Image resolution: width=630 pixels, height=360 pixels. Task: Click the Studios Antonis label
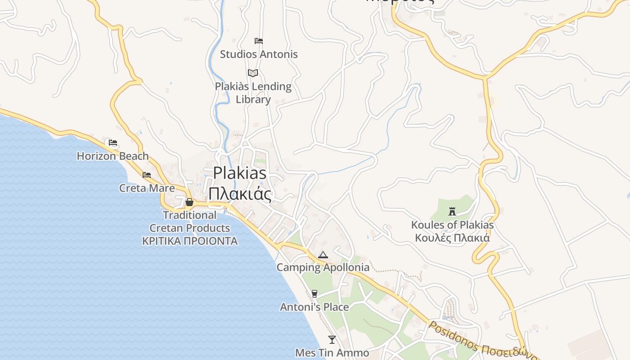[259, 54]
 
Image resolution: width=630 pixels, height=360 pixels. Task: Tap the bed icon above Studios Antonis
[259, 41]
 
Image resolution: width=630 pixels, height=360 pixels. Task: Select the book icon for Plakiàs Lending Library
[253, 73]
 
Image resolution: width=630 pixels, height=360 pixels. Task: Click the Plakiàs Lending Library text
[253, 93]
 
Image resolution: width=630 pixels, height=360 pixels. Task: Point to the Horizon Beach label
[112, 156]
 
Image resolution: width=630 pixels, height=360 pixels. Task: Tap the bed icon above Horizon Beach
[113, 143]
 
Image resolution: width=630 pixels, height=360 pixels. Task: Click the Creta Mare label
[147, 188]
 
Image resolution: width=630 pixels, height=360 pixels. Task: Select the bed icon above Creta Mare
[147, 175]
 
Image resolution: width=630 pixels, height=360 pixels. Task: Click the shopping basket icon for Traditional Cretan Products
[189, 202]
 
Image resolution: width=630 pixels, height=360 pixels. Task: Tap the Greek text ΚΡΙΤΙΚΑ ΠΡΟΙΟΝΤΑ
[190, 241]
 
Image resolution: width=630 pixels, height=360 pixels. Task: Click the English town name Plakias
[240, 173]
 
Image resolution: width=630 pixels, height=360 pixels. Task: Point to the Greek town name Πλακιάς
[240, 194]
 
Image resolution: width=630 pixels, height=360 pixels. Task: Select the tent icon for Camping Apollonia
[323, 255]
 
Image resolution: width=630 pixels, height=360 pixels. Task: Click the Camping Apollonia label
[323, 267]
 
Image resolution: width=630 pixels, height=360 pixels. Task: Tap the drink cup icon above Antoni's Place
[315, 294]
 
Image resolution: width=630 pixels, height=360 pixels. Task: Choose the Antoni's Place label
[314, 307]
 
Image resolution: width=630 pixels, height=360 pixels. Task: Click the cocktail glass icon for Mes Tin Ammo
[332, 339]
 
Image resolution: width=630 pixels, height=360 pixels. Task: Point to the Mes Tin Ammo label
[332, 353]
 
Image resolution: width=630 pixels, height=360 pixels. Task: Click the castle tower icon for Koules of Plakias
[452, 211]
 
